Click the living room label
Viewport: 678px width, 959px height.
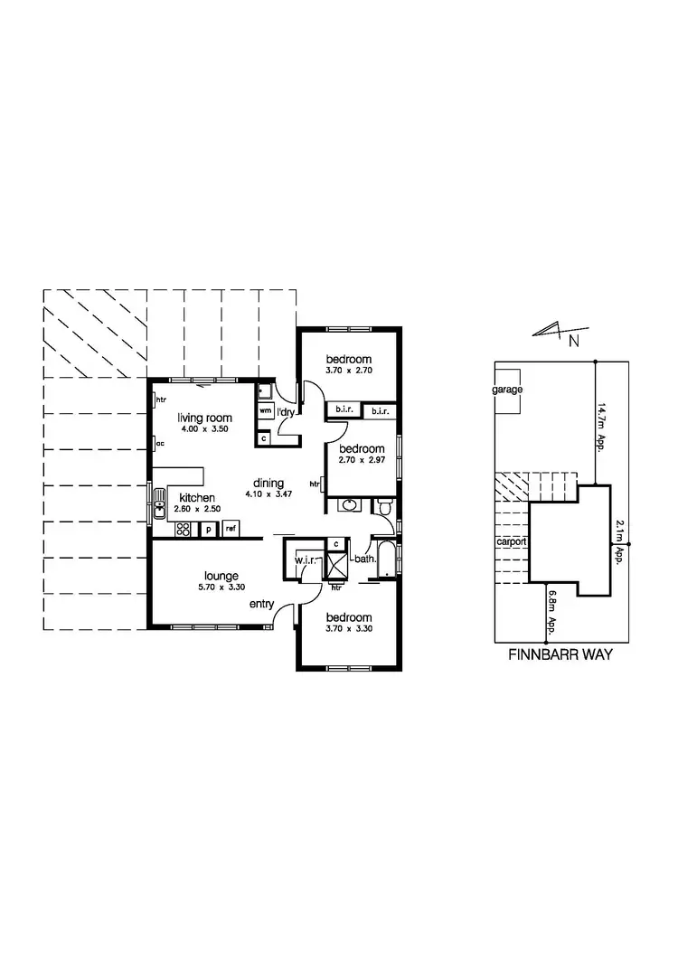pyautogui.click(x=205, y=418)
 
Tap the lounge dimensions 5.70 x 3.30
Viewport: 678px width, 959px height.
pyautogui.click(x=221, y=587)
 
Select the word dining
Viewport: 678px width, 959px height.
pyautogui.click(x=269, y=482)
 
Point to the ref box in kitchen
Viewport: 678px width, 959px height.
pyautogui.click(x=231, y=529)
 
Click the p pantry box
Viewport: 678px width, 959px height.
pyautogui.click(x=208, y=529)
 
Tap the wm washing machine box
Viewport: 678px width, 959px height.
pyautogui.click(x=266, y=410)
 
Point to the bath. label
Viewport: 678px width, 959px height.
pyautogui.click(x=365, y=559)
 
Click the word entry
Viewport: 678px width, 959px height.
pyautogui.click(x=261, y=603)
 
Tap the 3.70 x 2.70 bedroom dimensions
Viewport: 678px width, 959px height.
pyautogui.click(x=350, y=371)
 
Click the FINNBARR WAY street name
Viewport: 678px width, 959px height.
pyautogui.click(x=561, y=654)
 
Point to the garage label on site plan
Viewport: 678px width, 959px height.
pyautogui.click(x=507, y=390)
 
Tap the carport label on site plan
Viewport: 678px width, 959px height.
pyautogui.click(x=512, y=542)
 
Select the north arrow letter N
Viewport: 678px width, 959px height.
pyautogui.click(x=574, y=341)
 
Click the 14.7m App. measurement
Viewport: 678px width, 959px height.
pyautogui.click(x=601, y=430)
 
